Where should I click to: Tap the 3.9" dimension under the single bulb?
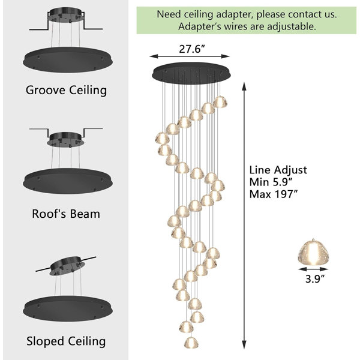coord(315,279)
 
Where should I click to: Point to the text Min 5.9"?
coord(271,182)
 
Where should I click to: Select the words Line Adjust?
coord(278,170)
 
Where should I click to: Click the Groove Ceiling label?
coord(66,90)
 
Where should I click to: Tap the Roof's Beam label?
coord(66,214)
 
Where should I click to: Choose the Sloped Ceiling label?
coord(66,341)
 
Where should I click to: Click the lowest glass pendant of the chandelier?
coord(191,343)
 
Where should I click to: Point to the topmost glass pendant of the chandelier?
coord(220,102)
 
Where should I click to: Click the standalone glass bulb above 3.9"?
coord(313,253)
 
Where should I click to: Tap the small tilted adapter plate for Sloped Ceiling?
coord(67,266)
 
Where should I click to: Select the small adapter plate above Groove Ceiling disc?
coord(65,15)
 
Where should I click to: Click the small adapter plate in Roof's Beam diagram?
coord(65,139)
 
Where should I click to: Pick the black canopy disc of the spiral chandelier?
coord(191,73)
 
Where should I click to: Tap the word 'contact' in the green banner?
coord(304,14)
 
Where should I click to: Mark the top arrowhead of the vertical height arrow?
coord(244,87)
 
